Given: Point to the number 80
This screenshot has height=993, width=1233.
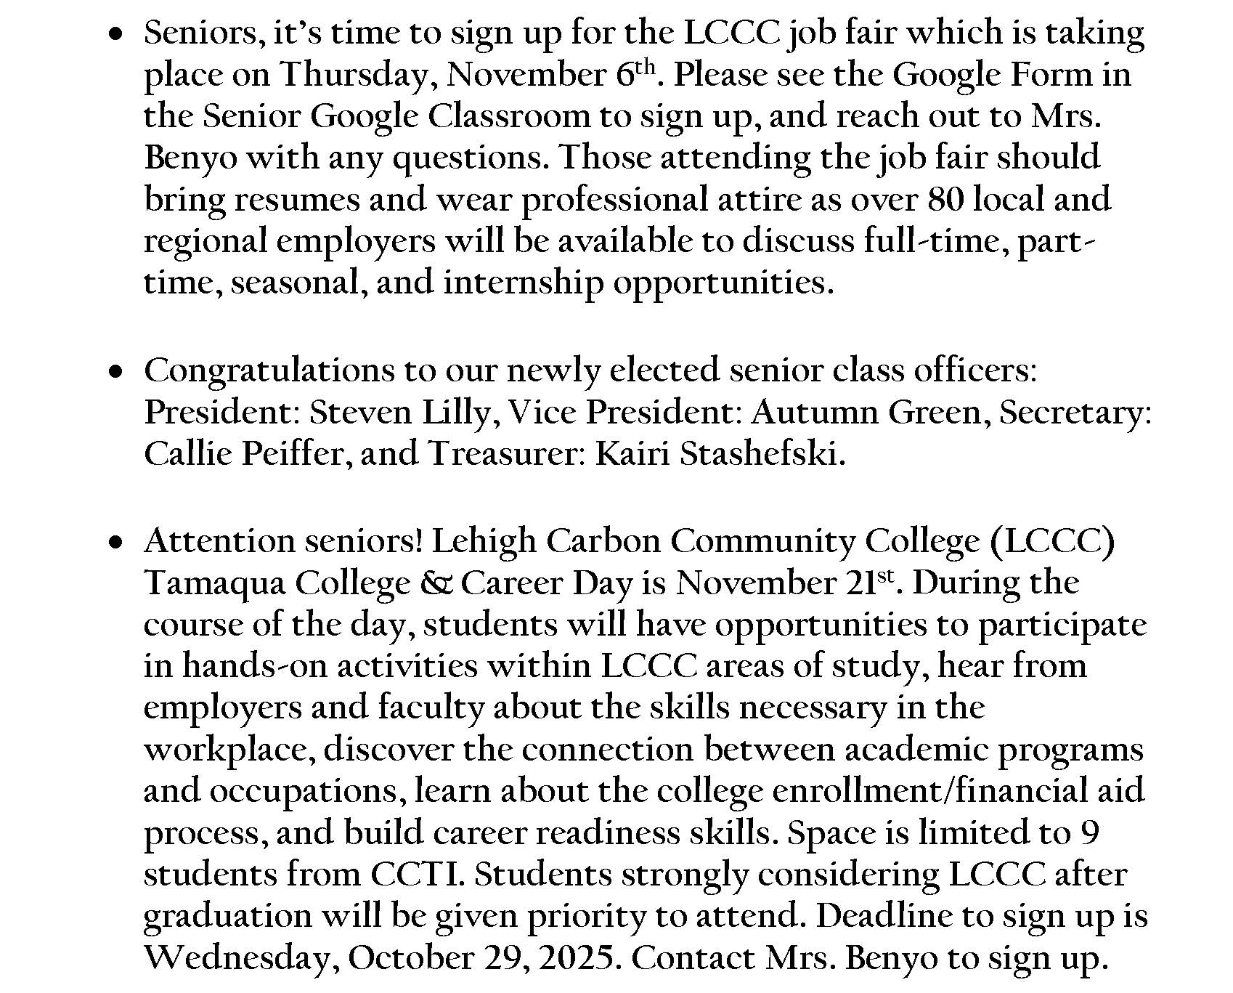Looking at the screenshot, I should coord(945,199).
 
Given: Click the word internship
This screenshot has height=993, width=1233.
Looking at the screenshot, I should coord(523,282).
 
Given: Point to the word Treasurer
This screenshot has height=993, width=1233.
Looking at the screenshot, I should coord(506,454).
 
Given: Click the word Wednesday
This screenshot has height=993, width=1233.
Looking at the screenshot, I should coord(242,958).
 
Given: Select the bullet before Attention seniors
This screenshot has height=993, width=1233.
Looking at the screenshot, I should coord(115,543).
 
